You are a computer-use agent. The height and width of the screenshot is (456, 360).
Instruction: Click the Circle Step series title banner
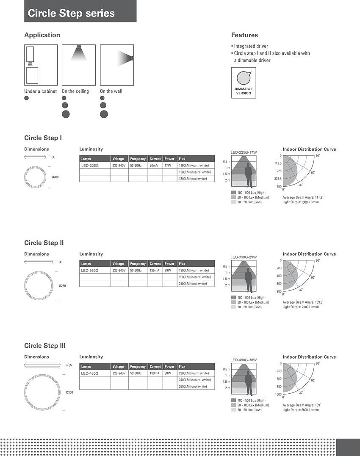pos(80,11)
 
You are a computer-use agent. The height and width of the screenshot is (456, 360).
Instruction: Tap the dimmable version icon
pos(244,83)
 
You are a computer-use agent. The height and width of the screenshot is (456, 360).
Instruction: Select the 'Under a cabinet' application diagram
pos(41,65)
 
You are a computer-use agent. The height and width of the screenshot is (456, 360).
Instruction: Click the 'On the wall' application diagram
pos(117,65)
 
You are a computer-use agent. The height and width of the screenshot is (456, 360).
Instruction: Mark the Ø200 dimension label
pos(55,177)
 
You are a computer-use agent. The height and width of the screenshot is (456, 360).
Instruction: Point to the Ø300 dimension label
pos(69,392)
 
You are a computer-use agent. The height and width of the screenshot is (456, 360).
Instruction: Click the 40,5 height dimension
pos(69,365)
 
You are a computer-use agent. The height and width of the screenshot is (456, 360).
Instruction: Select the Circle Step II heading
pos(44,243)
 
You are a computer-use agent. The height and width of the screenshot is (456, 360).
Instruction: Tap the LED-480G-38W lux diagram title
pos(244,360)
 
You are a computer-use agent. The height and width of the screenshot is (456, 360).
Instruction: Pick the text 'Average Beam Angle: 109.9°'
pos(303,302)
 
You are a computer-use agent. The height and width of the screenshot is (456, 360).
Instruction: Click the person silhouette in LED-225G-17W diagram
pos(248,175)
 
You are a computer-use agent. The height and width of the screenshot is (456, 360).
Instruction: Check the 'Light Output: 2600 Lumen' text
pos(301,410)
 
